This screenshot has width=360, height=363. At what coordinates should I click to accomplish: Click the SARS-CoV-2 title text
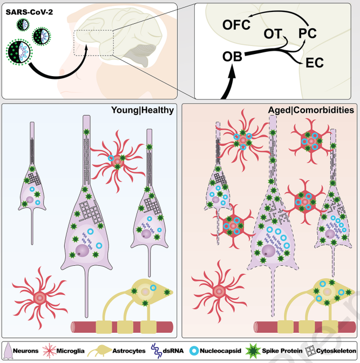29,12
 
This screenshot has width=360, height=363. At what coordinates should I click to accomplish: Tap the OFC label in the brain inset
236,25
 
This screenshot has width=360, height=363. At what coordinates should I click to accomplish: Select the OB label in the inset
232,57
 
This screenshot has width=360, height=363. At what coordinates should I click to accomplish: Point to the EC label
315,63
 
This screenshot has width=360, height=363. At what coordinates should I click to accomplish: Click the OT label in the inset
273,34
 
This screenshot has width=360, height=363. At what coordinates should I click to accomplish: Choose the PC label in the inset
307,33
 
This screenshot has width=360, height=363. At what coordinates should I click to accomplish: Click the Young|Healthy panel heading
142,110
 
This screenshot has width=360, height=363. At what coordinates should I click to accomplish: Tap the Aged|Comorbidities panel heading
311,110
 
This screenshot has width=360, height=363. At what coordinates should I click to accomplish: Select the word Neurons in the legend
26,351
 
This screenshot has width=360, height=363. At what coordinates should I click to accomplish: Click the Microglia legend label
70,351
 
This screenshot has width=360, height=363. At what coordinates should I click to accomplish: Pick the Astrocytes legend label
129,351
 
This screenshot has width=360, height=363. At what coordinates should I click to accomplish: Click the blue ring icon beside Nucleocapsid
194,351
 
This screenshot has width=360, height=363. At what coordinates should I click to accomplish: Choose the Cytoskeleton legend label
336,351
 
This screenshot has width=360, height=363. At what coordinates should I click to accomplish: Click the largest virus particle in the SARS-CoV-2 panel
19,52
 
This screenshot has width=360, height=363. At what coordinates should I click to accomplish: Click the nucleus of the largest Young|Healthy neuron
82,251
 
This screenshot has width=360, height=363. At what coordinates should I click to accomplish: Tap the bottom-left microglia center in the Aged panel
219,291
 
